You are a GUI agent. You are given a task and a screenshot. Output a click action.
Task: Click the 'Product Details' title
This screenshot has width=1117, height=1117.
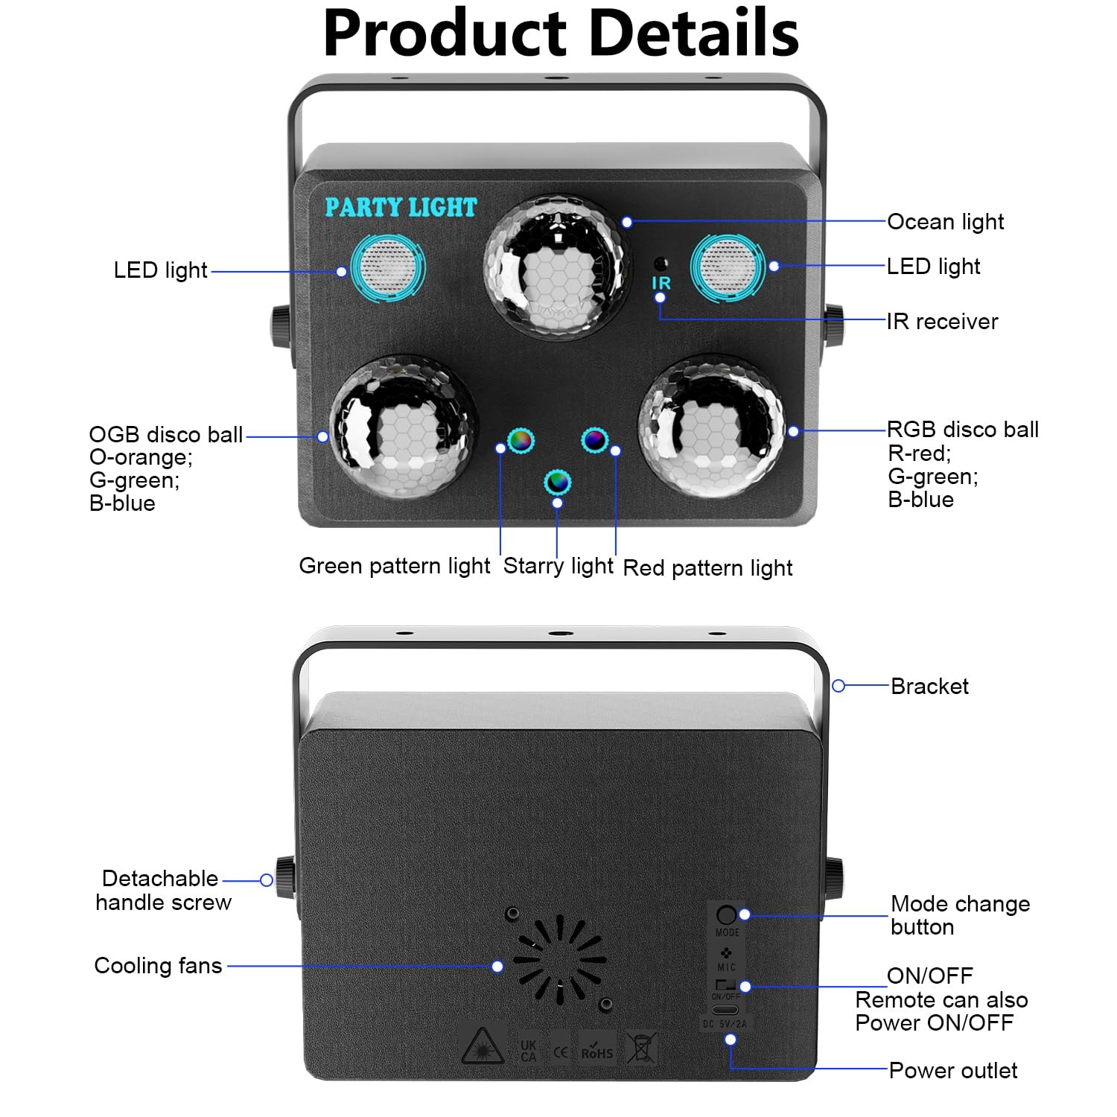pos(561,34)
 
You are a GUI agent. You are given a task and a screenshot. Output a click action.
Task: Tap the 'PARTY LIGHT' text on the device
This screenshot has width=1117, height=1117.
pos(401,207)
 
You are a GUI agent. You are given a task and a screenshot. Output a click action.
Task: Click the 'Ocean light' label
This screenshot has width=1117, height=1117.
pos(946,222)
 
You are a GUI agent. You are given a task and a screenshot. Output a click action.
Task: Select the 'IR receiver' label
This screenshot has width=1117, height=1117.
pos(942,322)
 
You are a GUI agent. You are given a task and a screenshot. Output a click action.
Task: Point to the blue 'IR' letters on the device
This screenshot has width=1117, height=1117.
pos(661,283)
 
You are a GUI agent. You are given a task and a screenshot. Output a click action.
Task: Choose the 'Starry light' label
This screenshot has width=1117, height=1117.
pos(558,566)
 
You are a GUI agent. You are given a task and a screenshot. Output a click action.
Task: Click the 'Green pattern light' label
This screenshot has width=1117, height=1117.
pos(395,566)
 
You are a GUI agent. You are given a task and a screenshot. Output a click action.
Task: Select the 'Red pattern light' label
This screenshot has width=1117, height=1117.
pos(707,568)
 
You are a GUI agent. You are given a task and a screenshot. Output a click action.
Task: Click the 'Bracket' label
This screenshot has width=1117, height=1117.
pos(929,686)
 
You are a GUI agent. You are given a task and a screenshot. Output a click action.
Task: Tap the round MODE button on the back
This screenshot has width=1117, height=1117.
pos(726,915)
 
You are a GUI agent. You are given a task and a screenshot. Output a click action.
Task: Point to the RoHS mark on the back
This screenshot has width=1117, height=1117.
pos(597,1048)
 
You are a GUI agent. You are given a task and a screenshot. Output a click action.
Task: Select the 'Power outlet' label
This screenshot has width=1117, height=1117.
pos(953,1071)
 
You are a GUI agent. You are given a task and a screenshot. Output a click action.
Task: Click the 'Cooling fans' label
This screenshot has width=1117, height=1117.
pos(158,966)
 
